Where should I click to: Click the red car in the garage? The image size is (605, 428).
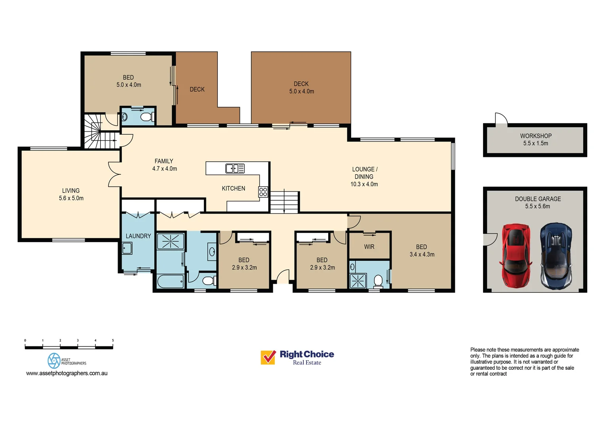click(x=516, y=256)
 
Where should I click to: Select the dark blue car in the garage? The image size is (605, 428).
click(x=556, y=256)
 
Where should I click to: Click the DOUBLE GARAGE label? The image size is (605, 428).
click(x=538, y=199)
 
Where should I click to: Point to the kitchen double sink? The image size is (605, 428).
click(x=235, y=168)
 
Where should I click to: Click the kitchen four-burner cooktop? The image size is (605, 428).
click(x=263, y=192)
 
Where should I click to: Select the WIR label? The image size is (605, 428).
click(x=369, y=246)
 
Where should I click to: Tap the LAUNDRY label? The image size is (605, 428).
click(x=138, y=236)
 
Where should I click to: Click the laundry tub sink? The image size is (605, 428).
click(x=127, y=248)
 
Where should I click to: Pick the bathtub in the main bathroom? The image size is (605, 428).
click(x=170, y=281)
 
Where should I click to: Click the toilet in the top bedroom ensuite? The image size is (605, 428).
click(x=147, y=117)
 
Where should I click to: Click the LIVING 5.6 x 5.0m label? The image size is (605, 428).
click(x=71, y=194)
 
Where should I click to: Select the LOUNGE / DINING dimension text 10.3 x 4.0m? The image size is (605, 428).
click(x=364, y=184)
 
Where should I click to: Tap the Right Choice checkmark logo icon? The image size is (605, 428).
click(x=268, y=357)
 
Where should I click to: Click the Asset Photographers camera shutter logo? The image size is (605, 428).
click(x=54, y=361)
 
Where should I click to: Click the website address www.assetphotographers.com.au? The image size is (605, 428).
click(x=67, y=373)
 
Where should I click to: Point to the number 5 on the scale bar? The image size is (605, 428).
click(x=113, y=340)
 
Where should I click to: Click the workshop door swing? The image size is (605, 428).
click(x=501, y=118)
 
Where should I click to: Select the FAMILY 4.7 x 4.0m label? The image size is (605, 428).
click(x=164, y=165)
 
